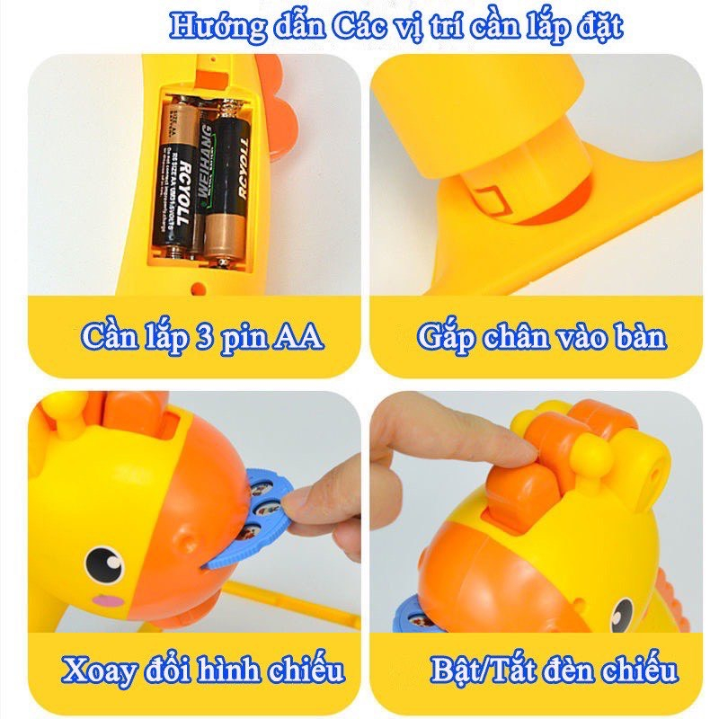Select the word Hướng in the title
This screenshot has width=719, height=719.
coord(208,26)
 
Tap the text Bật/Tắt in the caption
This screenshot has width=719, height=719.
coord(476,670)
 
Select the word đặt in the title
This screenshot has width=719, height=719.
coord(597,27)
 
